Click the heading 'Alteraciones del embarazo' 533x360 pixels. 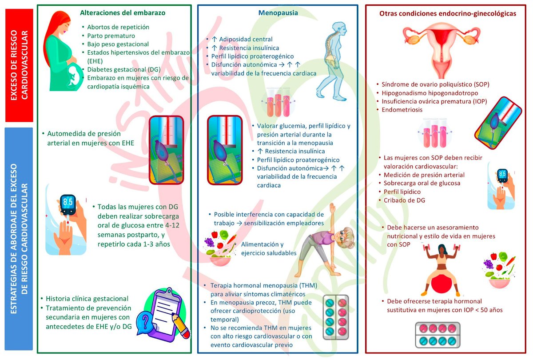pos(123,13)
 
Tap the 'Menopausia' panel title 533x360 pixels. pos(278,13)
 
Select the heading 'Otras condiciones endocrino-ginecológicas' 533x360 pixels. pos(448,14)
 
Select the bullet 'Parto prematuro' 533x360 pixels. pos(111,36)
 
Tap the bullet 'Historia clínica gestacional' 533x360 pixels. pos(87,299)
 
